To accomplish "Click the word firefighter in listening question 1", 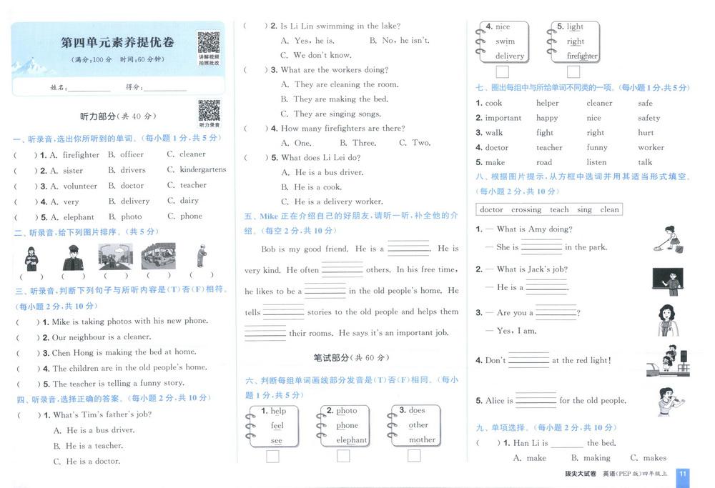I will pyautogui.click(x=81, y=155).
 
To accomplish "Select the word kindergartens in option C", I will pyautogui.click(x=203, y=170).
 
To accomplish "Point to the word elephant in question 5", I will pyautogui.click(x=78, y=217).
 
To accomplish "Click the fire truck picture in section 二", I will pyautogui.click(x=159, y=256).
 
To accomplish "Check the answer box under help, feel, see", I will pyautogui.click(x=272, y=456).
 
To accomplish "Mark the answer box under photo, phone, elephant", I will pyautogui.click(x=343, y=456).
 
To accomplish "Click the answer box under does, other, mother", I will pyautogui.click(x=413, y=455).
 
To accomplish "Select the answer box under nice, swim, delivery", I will pyautogui.click(x=503, y=72).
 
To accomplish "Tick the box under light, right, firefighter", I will pyautogui.click(x=573, y=72).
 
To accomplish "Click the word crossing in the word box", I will pyautogui.click(x=526, y=210).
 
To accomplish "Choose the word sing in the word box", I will pyautogui.click(x=585, y=210).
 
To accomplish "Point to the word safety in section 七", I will pyautogui.click(x=649, y=118).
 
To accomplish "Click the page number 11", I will pyautogui.click(x=683, y=474).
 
